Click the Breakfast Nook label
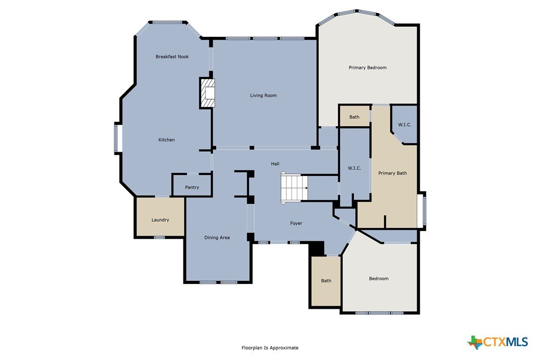[x=172, y=57]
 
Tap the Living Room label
[x=263, y=95]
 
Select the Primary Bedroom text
[x=367, y=68]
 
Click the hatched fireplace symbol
[x=208, y=93]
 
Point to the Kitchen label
[x=167, y=140]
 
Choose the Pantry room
[x=192, y=185]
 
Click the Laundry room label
[x=160, y=220]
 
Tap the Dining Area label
[x=217, y=237]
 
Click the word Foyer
[x=296, y=223]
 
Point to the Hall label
[x=275, y=164]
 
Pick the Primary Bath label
[x=392, y=173]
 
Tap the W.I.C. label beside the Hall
[x=355, y=168]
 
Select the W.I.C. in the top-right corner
[x=405, y=125]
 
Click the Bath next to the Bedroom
[x=326, y=281]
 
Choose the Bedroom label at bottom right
[x=378, y=278]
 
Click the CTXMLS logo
[x=498, y=342]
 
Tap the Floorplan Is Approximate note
[x=270, y=348]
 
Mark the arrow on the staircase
[x=306, y=188]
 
